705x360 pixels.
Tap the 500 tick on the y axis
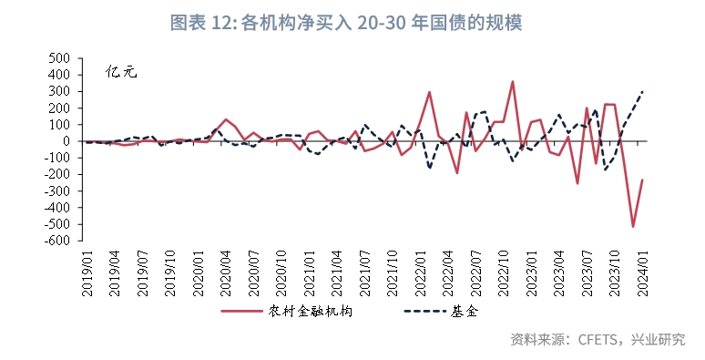coord(60,57)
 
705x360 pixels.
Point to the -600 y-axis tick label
coord(57,242)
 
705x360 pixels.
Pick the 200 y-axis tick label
coord(60,108)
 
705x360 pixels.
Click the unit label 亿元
coord(120,71)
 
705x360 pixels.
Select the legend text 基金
coord(464,312)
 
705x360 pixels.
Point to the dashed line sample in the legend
coord(422,312)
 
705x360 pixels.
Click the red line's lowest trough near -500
coord(632,226)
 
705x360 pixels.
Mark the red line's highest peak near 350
coord(512,82)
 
